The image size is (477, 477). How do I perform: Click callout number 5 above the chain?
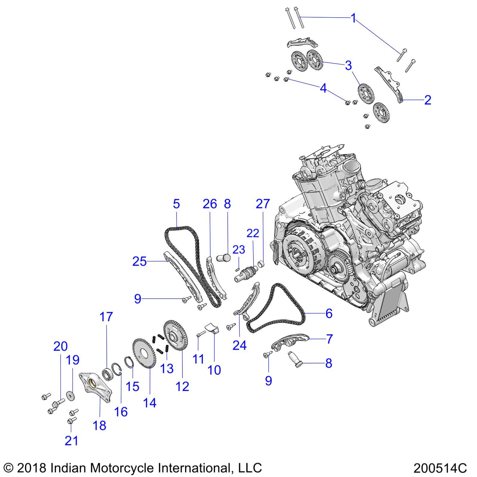176,204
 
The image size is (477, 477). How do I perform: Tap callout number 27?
263,204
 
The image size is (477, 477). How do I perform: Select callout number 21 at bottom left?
71,440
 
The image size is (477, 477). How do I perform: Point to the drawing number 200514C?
440,468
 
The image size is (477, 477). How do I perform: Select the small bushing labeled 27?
261,264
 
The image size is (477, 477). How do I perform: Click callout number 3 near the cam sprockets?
348,65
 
